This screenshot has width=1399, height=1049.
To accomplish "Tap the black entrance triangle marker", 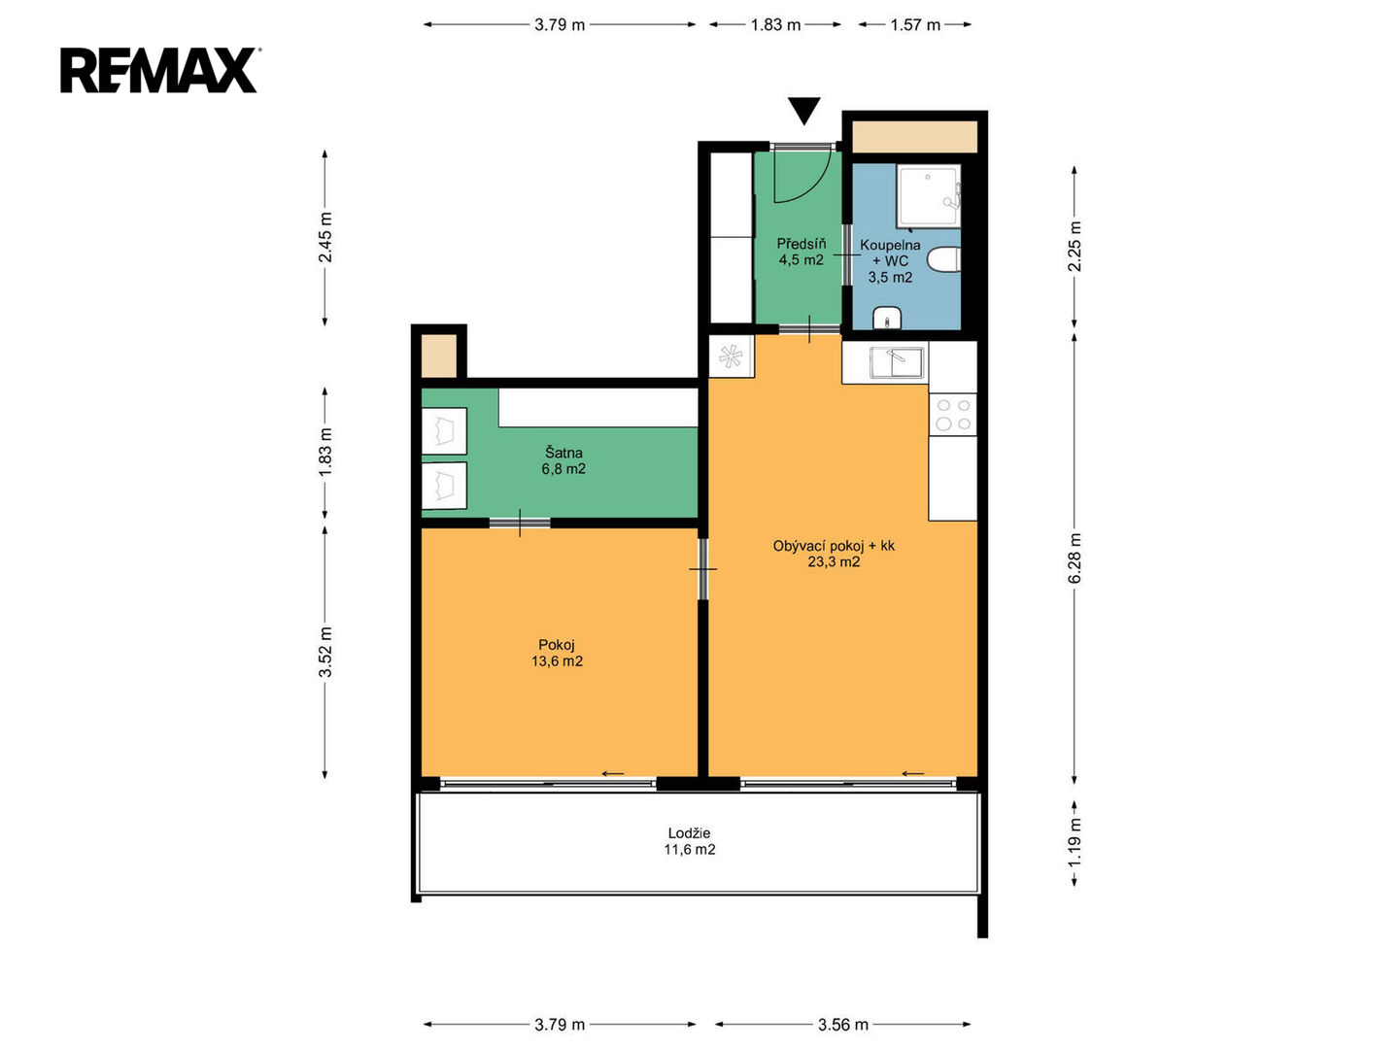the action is [x=803, y=111].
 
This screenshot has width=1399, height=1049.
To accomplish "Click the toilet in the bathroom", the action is [x=944, y=259].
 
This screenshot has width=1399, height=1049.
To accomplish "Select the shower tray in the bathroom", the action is [x=928, y=195].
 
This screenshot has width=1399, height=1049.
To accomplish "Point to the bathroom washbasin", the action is [x=887, y=318].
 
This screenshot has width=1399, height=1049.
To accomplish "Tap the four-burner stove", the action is [x=952, y=414].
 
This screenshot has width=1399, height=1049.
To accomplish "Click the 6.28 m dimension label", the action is [x=1075, y=558].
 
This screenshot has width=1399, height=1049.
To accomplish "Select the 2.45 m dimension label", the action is [x=325, y=237].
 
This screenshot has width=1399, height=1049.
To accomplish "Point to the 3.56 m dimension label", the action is [x=842, y=1024].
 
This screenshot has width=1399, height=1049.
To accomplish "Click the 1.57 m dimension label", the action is [x=914, y=25].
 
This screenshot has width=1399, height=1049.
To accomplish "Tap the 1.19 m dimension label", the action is [x=1075, y=842].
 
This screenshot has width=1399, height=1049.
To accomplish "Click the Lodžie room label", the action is [x=689, y=832].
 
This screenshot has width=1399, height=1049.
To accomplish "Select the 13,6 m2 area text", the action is [x=557, y=661].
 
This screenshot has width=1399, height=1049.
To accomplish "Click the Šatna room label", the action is [x=563, y=453].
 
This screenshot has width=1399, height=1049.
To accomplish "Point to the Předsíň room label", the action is [x=802, y=243].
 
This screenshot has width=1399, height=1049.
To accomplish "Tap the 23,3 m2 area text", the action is [x=834, y=561].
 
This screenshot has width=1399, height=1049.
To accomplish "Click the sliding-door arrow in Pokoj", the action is [x=612, y=774].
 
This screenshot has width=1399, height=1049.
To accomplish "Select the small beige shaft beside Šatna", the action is [x=439, y=355].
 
